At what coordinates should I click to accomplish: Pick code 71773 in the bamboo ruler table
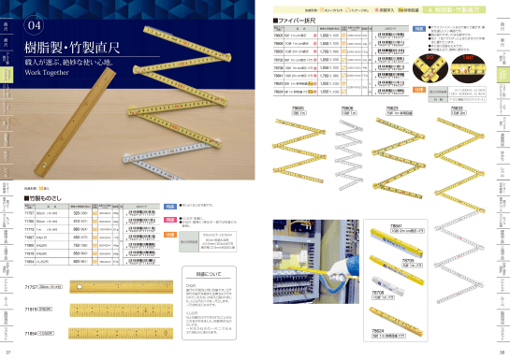pyautogui.click(x=28, y=228)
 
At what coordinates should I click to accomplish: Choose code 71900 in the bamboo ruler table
pyautogui.click(x=28, y=245)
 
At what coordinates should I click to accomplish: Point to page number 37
pyautogui.click(x=8, y=353)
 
